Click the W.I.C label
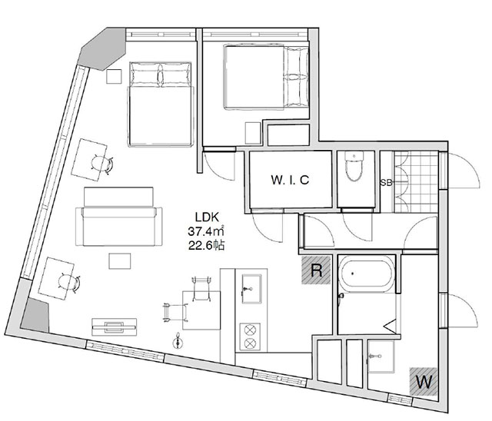pyautogui.click(x=290, y=180)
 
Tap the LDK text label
pyautogui.click(x=207, y=217)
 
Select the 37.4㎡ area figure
pyautogui.click(x=206, y=231)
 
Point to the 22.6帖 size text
pyautogui.click(x=207, y=245)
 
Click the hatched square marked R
pyautogui.click(x=316, y=270)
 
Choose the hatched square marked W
pyautogui.click(x=424, y=381)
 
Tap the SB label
pyautogui.click(x=386, y=182)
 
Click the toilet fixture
pyautogui.click(x=354, y=166)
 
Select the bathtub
pyautogui.click(x=366, y=273)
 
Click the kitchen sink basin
pyautogui.click(x=251, y=289)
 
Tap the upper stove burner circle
pyautogui.click(x=250, y=330)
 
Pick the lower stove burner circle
pyautogui.click(x=250, y=343)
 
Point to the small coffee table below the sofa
pyautogui.click(x=120, y=261)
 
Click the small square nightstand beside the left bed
pyautogui.click(x=114, y=77)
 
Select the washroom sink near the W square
pyautogui.click(x=381, y=356)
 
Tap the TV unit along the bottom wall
pyautogui.click(x=115, y=327)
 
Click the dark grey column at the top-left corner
pyautogui.click(x=102, y=49)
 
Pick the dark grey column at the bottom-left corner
pyautogui.click(x=35, y=315)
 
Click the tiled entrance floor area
pyautogui.click(x=417, y=182)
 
